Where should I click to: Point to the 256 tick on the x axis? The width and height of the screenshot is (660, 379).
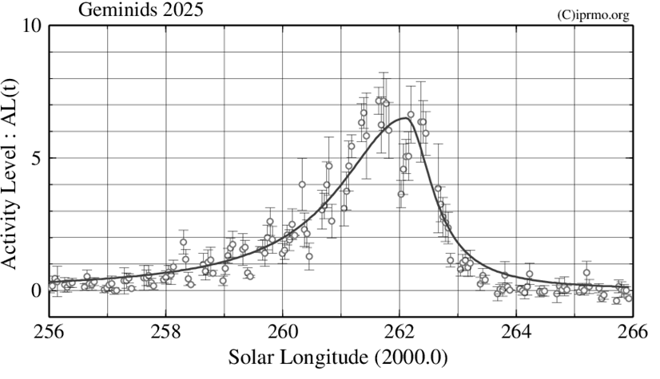[49, 331]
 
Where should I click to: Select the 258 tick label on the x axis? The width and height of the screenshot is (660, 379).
[165, 331]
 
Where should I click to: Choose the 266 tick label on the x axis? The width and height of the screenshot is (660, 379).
[631, 331]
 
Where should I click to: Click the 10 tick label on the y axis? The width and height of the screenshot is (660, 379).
[31, 26]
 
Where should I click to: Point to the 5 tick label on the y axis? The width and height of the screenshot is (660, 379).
[36, 158]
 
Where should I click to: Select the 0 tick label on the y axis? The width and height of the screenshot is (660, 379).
[36, 290]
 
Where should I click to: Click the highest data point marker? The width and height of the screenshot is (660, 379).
[380, 101]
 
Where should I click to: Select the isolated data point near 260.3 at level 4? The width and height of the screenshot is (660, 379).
[302, 184]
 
